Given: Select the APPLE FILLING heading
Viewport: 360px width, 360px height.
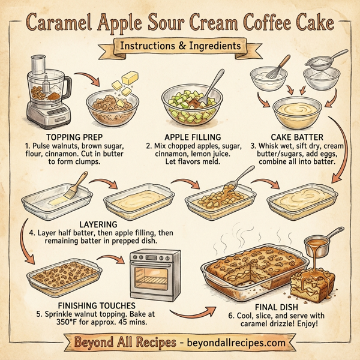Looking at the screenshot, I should click(190, 136).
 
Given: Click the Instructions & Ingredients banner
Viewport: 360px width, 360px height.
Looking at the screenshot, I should click(180, 46).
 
